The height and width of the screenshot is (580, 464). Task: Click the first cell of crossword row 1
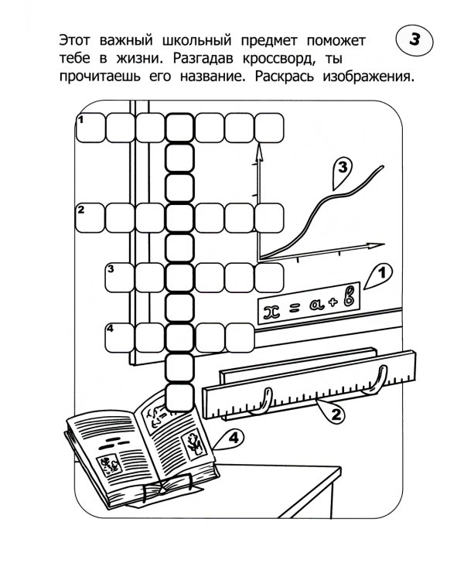[x=89, y=127]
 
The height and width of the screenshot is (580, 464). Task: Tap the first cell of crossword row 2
[x=89, y=218]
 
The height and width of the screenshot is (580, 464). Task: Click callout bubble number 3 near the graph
[x=341, y=172]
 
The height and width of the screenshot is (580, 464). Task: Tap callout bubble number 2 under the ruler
[x=334, y=414]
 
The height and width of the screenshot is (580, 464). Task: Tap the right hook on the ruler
[x=378, y=379]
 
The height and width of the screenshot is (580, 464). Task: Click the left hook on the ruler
[x=265, y=399]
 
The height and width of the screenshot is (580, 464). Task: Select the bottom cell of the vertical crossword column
[x=180, y=398]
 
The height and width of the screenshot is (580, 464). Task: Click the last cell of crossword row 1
[x=270, y=127]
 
